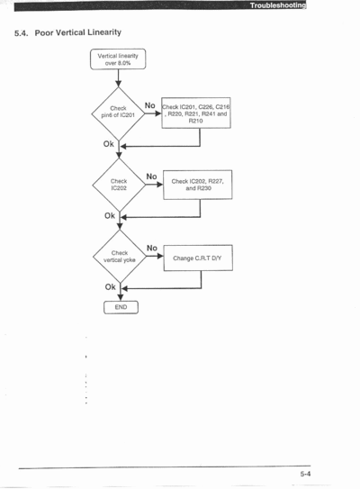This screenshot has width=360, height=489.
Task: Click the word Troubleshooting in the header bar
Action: point(278,5)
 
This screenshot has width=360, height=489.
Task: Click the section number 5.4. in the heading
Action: point(22,33)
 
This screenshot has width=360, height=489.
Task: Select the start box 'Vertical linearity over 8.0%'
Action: point(118,59)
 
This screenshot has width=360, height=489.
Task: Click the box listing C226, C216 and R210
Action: point(196,113)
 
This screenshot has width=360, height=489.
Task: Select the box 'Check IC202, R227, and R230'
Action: point(198,185)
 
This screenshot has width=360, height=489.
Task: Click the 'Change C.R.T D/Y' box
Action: point(198,258)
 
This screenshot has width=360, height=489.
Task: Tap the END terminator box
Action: point(121,307)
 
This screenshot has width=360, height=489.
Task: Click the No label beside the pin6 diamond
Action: point(150,105)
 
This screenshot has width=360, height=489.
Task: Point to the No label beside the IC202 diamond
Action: point(151,177)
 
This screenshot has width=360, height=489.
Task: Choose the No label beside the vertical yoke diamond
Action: point(152,248)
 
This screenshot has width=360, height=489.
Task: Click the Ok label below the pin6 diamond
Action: point(109,144)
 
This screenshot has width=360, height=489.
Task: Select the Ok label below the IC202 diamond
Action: point(110,216)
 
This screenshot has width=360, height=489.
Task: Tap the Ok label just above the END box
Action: point(111,287)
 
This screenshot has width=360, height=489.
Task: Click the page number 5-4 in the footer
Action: point(305,474)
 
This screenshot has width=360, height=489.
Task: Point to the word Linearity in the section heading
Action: point(104,32)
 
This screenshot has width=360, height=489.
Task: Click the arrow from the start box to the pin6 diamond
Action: point(118,78)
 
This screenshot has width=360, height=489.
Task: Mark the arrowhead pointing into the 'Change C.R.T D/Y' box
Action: point(160,256)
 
